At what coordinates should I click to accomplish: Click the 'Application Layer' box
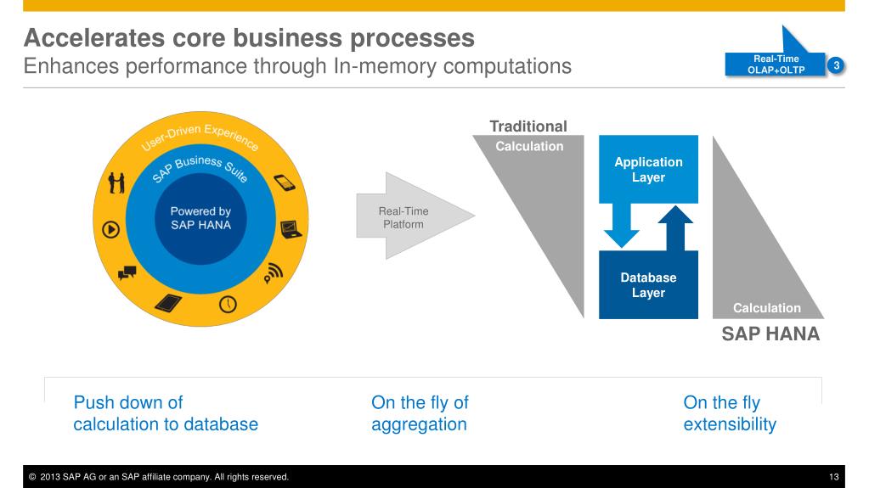click(648, 169)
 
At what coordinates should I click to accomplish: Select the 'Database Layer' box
click(648, 285)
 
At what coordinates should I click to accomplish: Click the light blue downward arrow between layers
click(626, 226)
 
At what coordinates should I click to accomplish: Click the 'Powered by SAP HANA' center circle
click(200, 218)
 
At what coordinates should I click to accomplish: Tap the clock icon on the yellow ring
click(228, 304)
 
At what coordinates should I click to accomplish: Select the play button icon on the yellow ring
click(110, 228)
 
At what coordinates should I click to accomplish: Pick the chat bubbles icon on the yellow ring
click(127, 272)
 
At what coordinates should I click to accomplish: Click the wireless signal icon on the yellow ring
click(273, 272)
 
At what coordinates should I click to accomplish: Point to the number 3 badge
click(836, 65)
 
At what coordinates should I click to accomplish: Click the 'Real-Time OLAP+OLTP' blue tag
click(776, 65)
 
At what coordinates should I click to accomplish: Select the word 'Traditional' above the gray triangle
click(528, 126)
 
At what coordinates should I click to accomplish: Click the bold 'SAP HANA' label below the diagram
click(770, 334)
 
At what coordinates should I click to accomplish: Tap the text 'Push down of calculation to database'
click(166, 413)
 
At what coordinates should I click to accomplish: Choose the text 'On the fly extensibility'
click(730, 413)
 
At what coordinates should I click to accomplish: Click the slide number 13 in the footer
click(834, 477)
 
